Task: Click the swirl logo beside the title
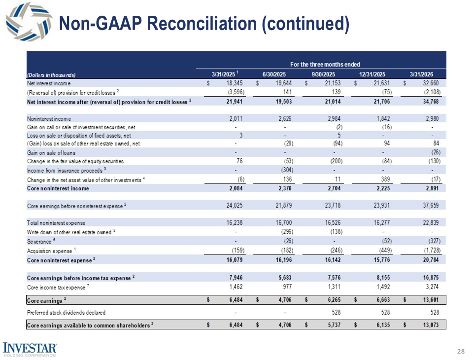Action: [29, 21]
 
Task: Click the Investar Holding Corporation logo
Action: [30, 350]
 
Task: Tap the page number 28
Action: [461, 351]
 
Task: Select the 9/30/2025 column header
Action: [323, 74]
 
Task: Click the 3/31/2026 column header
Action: [421, 74]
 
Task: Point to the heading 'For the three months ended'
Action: [325, 64]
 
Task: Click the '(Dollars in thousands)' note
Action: [51, 75]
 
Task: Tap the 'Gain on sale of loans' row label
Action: [51, 153]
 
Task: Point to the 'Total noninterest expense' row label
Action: [56, 223]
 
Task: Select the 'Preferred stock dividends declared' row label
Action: [67, 313]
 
